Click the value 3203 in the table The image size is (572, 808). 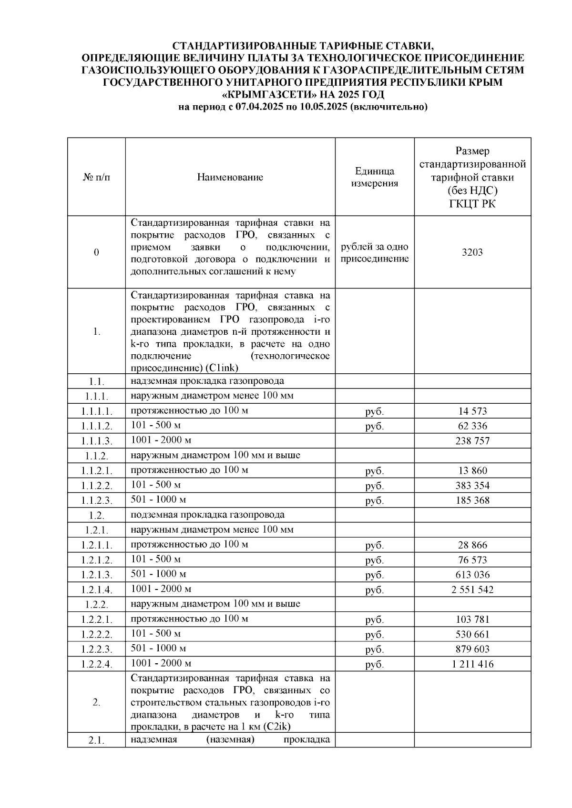[472, 252]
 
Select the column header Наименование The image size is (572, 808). [230, 178]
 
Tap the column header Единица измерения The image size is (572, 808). [374, 178]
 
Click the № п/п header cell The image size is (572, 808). [96, 178]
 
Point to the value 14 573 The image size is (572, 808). [472, 411]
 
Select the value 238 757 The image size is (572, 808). [472, 441]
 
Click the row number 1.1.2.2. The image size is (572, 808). [96, 486]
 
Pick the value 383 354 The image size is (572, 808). [472, 486]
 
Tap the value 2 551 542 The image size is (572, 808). [472, 590]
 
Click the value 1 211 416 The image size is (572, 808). [472, 664]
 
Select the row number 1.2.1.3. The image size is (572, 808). [96, 575]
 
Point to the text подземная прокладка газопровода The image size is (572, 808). [207, 515]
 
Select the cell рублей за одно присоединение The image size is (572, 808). [374, 253]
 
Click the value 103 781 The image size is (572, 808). [472, 619]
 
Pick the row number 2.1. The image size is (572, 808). [96, 740]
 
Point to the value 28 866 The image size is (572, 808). [472, 545]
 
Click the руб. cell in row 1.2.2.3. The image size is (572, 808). [374, 649]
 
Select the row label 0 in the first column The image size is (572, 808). [96, 252]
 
